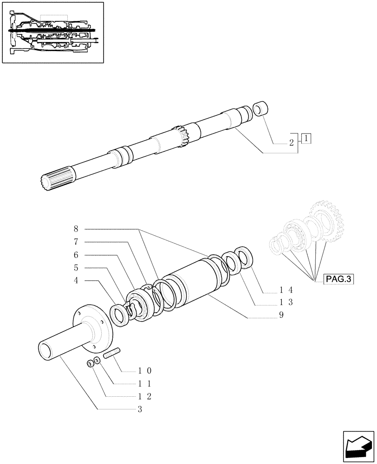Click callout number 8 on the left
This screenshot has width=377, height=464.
pyautogui.click(x=76, y=229)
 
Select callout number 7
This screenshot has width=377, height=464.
pyautogui.click(x=76, y=242)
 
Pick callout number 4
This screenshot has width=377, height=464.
pyautogui.click(x=76, y=280)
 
